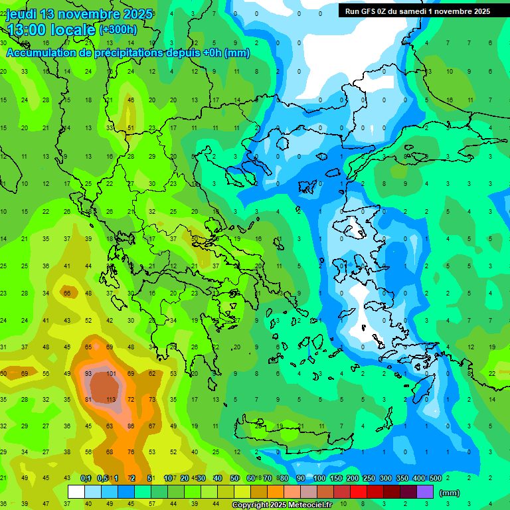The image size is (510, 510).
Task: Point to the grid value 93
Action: pyautogui.click(x=88, y=374)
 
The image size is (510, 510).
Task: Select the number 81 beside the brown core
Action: pyautogui.click(x=88, y=400)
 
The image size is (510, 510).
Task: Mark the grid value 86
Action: pyautogui.click(x=131, y=426)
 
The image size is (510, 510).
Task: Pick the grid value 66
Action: pyautogui.click(x=67, y=293)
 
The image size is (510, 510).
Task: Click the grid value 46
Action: pyautogui.click(x=131, y=100)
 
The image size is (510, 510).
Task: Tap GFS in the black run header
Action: pyautogui.click(x=368, y=11)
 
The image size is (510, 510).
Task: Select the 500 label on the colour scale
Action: pyautogui.click(x=435, y=478)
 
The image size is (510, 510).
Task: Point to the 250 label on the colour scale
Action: pyautogui.click(x=369, y=478)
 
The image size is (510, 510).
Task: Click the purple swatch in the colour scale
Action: pyautogui.click(x=425, y=491)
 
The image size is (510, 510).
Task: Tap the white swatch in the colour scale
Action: pyautogui.click(x=76, y=491)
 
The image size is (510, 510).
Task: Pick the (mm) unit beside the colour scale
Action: pyautogui.click(x=450, y=493)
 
